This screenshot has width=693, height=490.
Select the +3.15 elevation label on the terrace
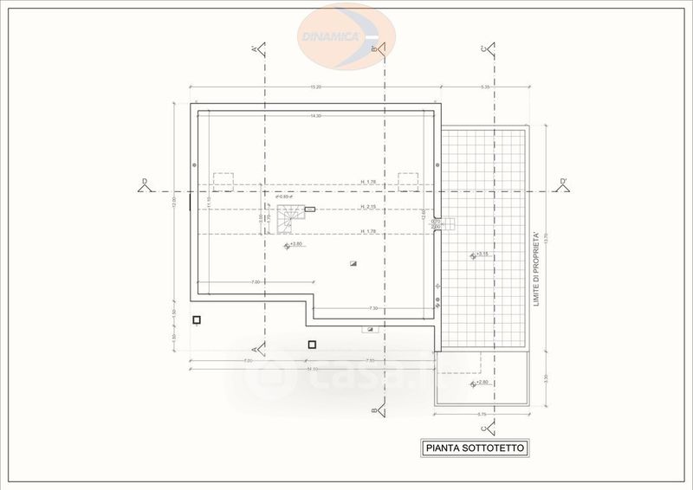[x=480, y=255]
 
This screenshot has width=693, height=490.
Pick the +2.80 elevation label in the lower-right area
[x=480, y=382]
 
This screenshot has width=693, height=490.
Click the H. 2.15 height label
[x=369, y=207]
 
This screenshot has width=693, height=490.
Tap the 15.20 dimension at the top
[x=316, y=87]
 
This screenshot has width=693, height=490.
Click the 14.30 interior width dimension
[x=316, y=115]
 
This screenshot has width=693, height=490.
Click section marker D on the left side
[x=144, y=184]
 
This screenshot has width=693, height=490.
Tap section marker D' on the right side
[x=563, y=184]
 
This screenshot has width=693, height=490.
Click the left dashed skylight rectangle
[x=224, y=182]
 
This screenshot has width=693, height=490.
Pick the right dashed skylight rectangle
[x=408, y=182]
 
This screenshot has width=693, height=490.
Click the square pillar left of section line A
[x=197, y=320]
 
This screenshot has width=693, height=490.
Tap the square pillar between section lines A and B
[x=312, y=344]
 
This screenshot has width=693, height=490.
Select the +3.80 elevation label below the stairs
[x=294, y=245]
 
